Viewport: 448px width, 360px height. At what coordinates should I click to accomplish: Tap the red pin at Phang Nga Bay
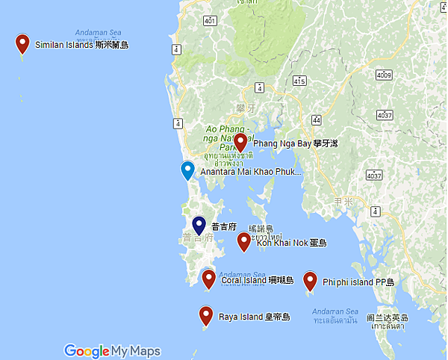[x=240, y=142]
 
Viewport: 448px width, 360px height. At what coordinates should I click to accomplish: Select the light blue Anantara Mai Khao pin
[x=188, y=170]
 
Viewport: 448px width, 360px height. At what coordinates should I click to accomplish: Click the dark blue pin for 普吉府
[x=199, y=225]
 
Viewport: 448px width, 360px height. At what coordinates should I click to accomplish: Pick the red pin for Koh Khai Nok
[x=243, y=241]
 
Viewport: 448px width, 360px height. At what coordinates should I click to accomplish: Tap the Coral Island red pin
[x=209, y=279]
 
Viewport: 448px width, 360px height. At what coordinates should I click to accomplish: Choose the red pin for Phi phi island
[x=310, y=280]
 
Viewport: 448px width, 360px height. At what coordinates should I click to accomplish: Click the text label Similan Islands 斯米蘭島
[x=81, y=45]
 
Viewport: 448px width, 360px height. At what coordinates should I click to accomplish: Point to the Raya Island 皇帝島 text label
[x=254, y=317]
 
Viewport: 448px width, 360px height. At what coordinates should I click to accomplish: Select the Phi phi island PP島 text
[x=363, y=282]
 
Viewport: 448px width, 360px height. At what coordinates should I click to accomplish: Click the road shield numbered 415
[x=299, y=80]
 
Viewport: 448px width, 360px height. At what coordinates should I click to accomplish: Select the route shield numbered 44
[x=317, y=120]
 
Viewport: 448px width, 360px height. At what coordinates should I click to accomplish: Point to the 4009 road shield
[x=384, y=75]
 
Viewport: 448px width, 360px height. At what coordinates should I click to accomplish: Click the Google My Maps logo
[x=112, y=351]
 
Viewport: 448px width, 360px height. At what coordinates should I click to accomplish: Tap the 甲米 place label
[x=343, y=202]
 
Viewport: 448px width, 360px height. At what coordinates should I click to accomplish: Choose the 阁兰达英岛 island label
[x=386, y=317]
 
